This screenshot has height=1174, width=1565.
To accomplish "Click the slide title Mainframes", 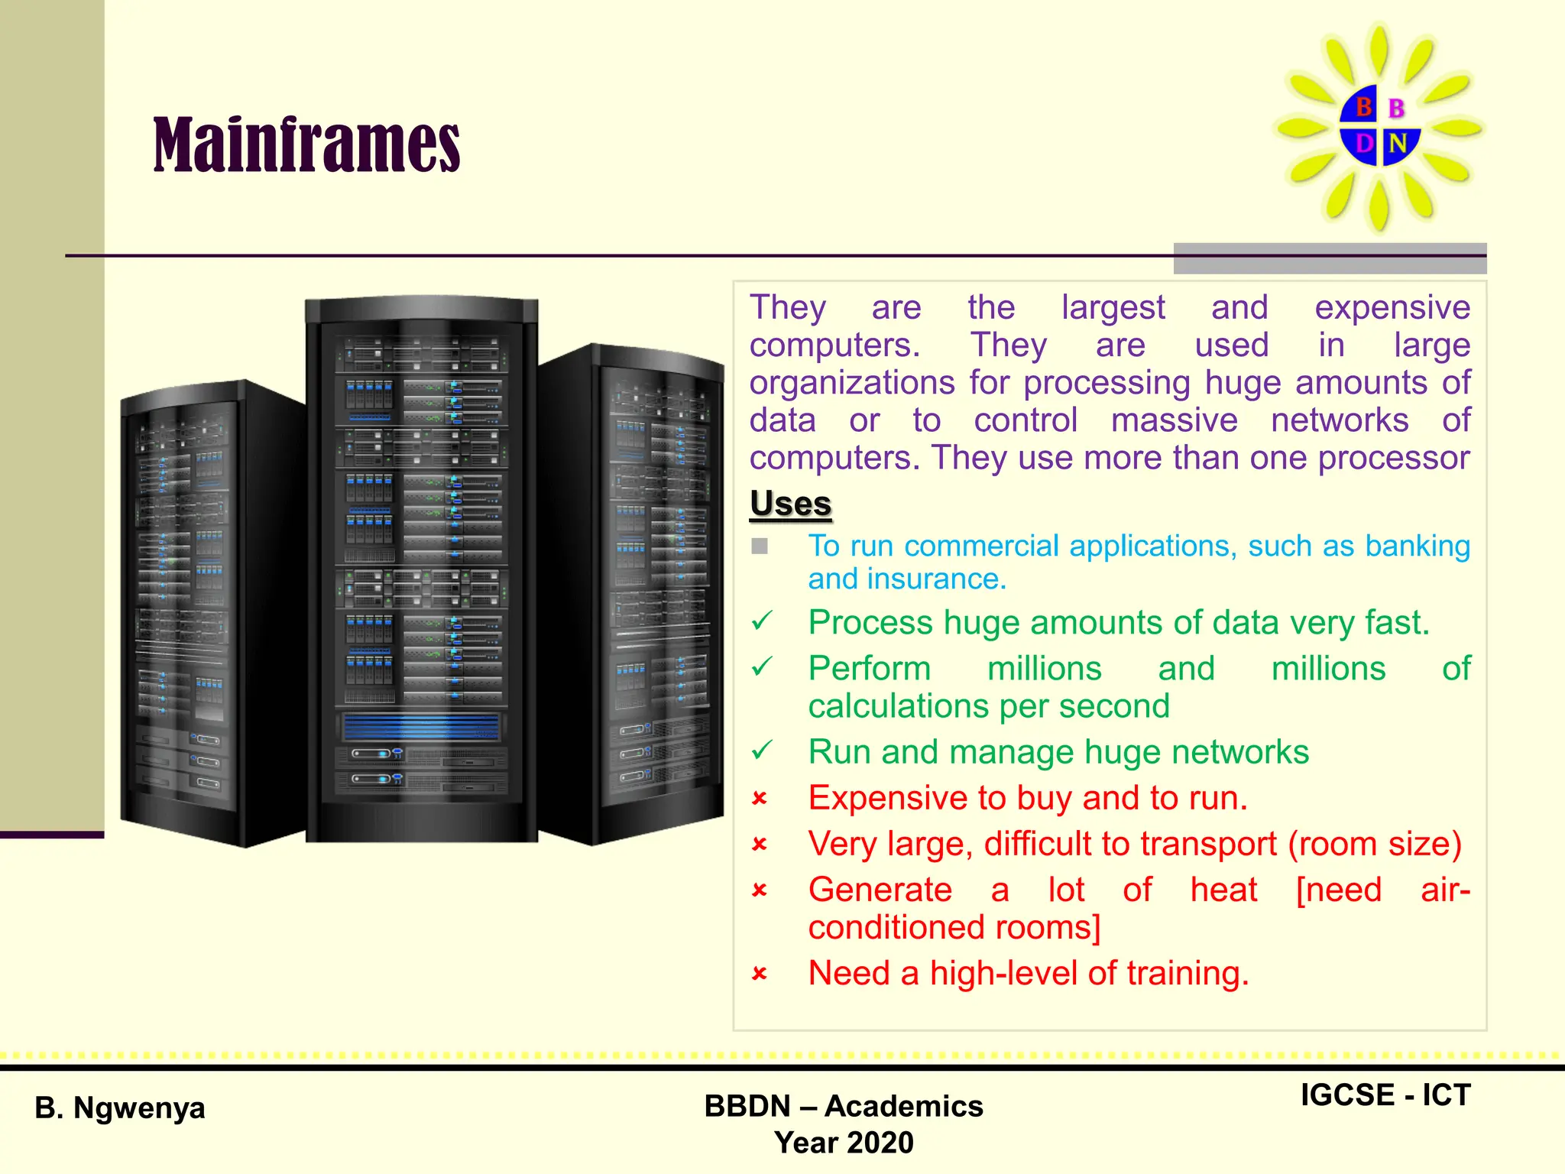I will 306,145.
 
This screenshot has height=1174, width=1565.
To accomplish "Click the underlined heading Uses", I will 790,504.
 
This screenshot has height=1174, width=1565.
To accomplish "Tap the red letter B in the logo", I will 1363,107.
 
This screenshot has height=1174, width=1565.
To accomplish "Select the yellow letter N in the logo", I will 1398,143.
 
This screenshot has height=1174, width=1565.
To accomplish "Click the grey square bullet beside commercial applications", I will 760,546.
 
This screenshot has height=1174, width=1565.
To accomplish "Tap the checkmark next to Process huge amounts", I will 762,621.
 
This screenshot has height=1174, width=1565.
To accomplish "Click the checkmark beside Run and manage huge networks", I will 762,751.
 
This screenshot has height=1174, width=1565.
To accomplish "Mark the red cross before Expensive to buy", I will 760,799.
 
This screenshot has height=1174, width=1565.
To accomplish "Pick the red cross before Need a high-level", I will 760,974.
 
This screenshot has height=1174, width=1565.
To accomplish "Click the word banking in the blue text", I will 1418,546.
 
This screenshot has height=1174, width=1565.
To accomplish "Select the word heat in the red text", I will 1223,890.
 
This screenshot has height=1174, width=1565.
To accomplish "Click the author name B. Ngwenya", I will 120,1108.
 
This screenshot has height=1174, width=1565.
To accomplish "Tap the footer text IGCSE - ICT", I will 1385,1095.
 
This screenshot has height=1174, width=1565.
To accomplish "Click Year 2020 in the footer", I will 844,1143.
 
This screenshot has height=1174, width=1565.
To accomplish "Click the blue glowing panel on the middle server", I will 420,727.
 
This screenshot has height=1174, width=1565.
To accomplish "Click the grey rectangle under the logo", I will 1330,258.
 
